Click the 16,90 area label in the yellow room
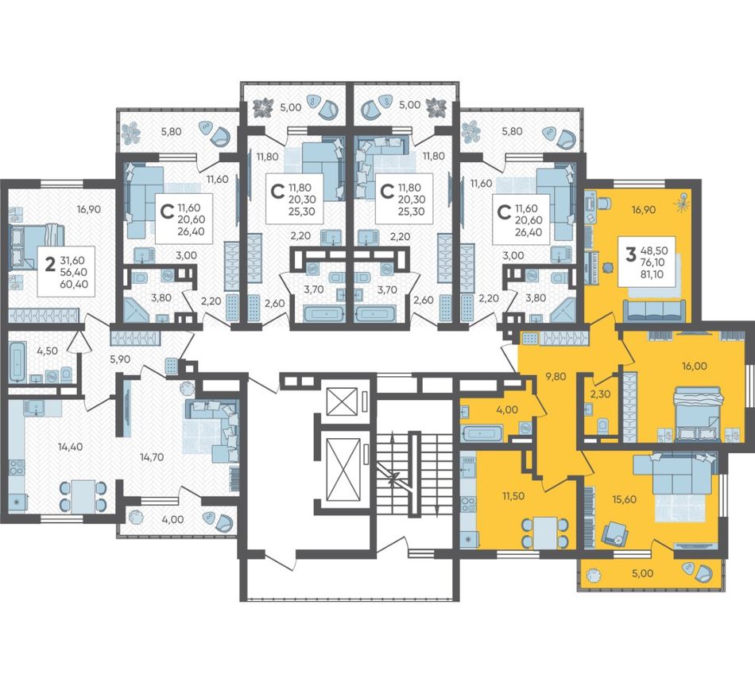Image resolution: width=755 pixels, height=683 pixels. (643, 210)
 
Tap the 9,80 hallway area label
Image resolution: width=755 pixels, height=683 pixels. (556, 376)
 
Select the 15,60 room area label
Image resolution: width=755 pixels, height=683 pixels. (624, 499)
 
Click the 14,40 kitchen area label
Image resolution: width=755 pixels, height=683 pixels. (70, 447)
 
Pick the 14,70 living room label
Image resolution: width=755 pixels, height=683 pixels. (151, 457)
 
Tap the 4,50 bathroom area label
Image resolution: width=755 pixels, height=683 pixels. (47, 351)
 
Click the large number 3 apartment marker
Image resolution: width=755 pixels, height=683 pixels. (631, 254)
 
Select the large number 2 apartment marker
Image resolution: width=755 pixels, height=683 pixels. (49, 265)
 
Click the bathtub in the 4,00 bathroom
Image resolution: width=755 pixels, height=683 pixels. (482, 433)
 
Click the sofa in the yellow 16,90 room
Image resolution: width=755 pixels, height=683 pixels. (654, 310)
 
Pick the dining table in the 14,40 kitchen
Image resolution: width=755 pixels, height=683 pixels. (83, 495)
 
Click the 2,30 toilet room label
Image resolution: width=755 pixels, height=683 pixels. (601, 394)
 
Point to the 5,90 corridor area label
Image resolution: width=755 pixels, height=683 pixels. (121, 359)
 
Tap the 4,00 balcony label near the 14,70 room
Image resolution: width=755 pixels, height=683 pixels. (173, 520)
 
